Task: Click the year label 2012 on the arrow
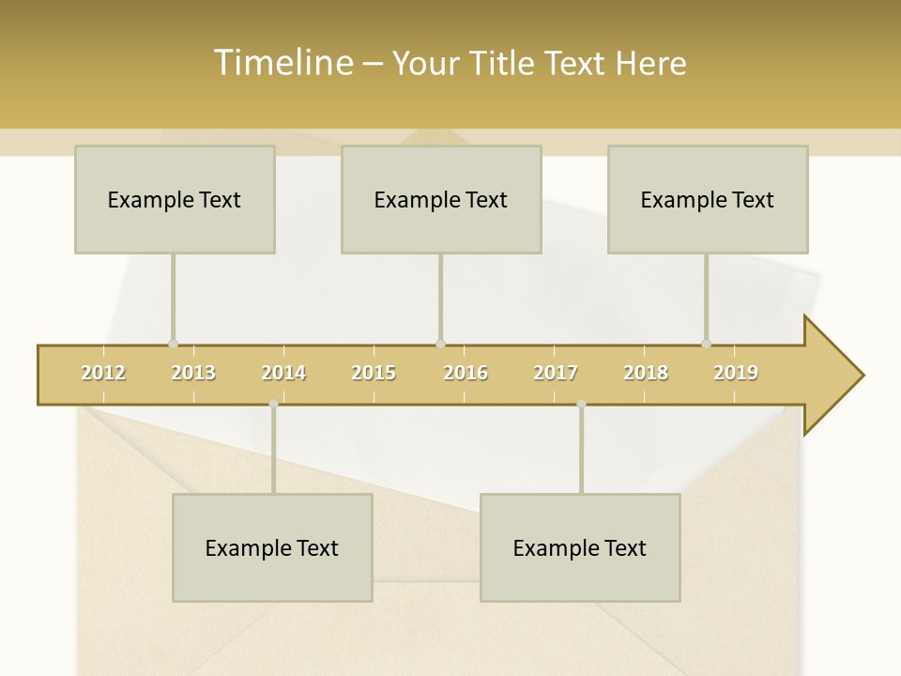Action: click(x=103, y=373)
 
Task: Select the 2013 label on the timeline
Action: click(x=193, y=373)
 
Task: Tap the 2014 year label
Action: click(x=283, y=373)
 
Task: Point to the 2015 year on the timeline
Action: click(x=374, y=373)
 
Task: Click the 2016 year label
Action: click(x=466, y=373)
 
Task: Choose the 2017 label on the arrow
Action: click(x=556, y=373)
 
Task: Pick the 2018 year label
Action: click(x=646, y=373)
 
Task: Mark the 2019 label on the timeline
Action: click(x=736, y=373)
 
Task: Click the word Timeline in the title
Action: click(x=282, y=63)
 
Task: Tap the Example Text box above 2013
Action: click(x=175, y=199)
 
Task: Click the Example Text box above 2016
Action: click(x=441, y=199)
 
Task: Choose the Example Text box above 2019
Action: click(x=708, y=199)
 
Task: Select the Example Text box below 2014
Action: click(x=272, y=547)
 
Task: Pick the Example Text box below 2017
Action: click(x=580, y=547)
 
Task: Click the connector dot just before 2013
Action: click(x=173, y=344)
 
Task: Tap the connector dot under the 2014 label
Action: click(x=273, y=404)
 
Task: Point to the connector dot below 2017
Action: click(x=581, y=404)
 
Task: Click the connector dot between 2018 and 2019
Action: click(x=706, y=344)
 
